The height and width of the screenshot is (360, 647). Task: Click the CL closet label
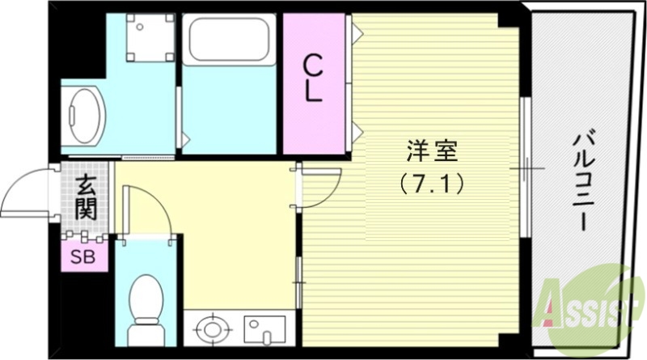pos(314,78)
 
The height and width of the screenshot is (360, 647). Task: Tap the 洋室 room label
pos(432,151)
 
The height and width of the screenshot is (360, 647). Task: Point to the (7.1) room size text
pos(432,184)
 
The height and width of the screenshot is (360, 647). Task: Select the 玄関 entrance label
pos(86,199)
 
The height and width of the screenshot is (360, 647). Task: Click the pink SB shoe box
pos(83,258)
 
